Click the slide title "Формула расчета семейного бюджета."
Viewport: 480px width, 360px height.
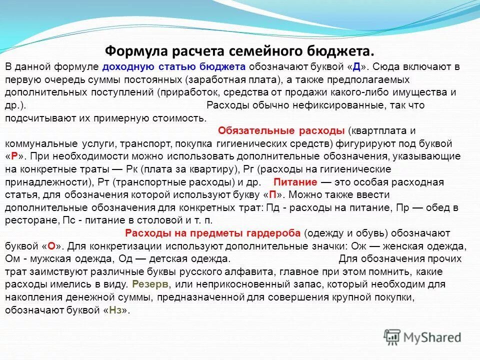point(239,51)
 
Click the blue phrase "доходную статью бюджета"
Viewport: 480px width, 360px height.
point(173,66)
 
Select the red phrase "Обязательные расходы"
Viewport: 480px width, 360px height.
point(281,131)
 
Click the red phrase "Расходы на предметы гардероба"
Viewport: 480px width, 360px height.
point(212,233)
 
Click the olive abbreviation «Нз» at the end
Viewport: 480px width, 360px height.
point(114,310)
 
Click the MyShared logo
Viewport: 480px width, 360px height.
point(422,337)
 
